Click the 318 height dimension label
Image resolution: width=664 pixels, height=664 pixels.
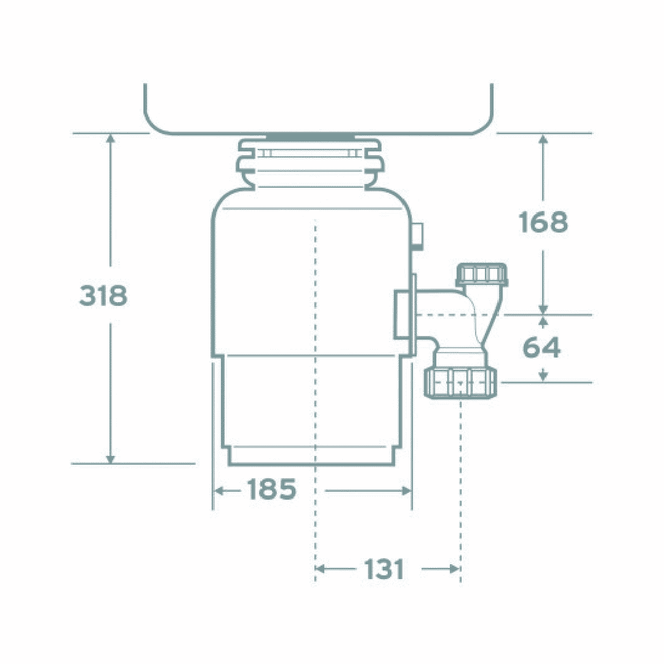click(103, 296)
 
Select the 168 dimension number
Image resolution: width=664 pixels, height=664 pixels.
click(543, 222)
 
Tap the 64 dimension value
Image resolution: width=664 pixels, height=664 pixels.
click(542, 348)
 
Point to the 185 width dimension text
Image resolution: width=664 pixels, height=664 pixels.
click(271, 490)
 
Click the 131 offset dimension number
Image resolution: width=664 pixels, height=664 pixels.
click(383, 569)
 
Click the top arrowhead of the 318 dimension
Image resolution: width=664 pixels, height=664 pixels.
click(111, 138)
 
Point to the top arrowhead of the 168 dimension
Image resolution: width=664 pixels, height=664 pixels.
click(543, 138)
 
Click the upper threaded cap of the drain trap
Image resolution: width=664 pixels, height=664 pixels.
click(482, 274)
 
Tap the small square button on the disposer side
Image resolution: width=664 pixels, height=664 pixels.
click(417, 234)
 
